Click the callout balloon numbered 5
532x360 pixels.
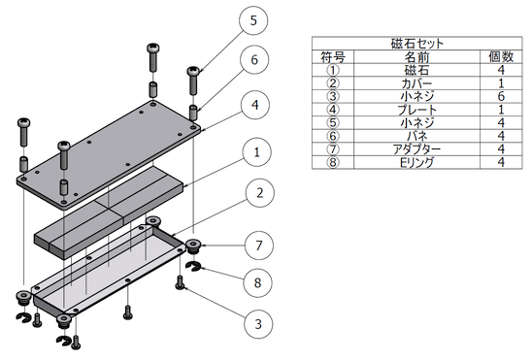point(253,20)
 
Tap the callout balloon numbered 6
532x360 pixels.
point(254,59)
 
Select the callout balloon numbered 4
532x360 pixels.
point(255,105)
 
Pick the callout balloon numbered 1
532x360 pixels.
point(257,152)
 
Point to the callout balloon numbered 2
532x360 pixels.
point(259,193)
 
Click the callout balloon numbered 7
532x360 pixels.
point(259,245)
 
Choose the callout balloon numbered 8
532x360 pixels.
point(258,282)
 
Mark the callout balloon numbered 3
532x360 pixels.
point(258,324)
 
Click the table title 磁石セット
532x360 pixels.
point(417,44)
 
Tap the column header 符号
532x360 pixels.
point(333,57)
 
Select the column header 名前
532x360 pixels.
point(417,57)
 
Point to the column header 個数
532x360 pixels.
point(501,56)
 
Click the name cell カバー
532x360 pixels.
point(417,83)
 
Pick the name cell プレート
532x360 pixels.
point(417,110)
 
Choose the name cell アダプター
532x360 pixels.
point(417,149)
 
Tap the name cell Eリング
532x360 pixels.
point(417,163)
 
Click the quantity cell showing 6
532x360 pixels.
point(501,97)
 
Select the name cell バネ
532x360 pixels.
point(417,136)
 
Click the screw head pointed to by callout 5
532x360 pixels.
point(194,71)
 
